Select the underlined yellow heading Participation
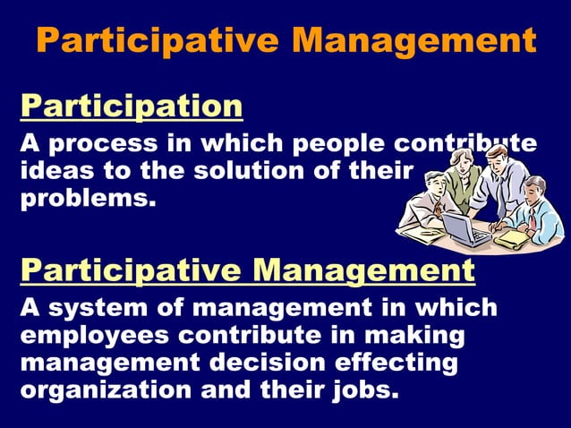click(x=132, y=107)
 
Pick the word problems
click(x=87, y=197)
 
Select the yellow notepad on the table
click(x=512, y=239)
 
